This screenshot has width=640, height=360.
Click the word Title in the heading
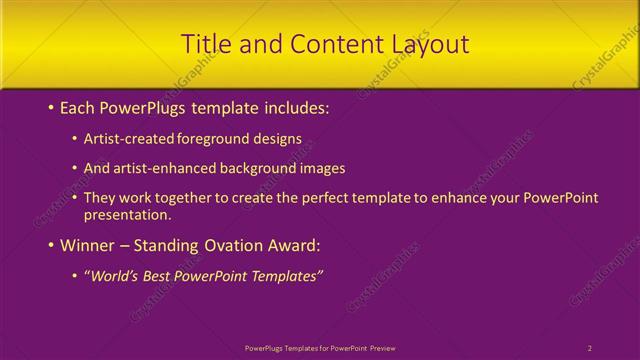point(205,44)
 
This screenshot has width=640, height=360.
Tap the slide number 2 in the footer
point(590,347)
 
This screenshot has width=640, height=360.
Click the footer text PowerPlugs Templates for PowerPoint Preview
point(320,347)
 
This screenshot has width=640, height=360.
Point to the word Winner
point(88,245)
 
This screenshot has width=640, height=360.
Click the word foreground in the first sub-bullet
point(211,138)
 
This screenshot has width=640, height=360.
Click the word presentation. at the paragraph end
point(128,214)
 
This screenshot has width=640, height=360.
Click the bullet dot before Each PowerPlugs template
point(50,106)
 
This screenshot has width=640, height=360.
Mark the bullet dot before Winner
point(50,245)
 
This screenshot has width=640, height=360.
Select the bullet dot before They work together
point(75,198)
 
